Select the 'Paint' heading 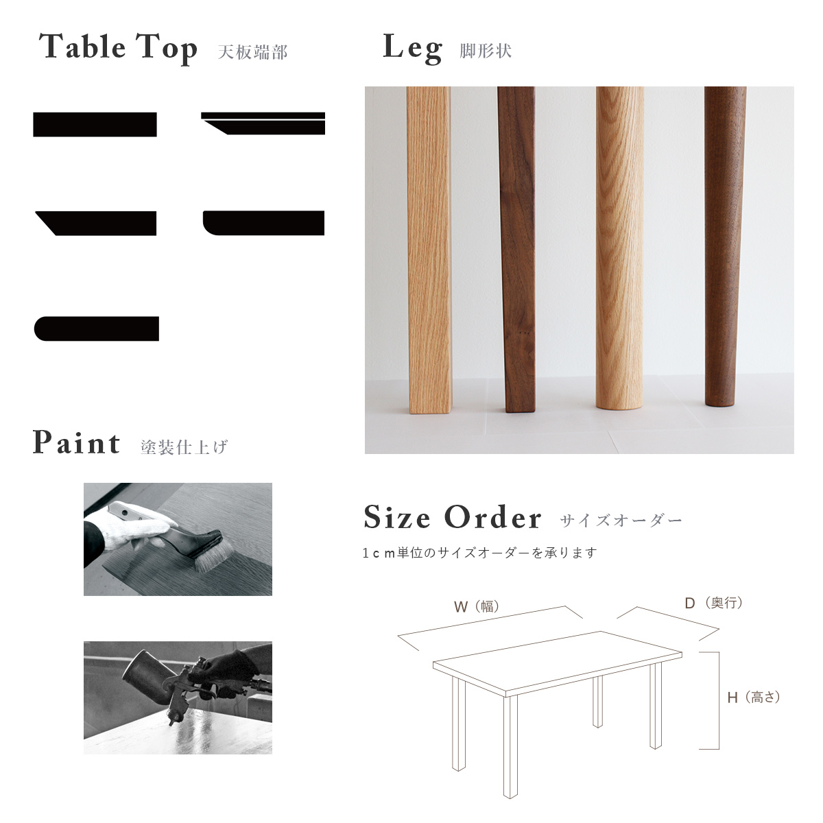(x=76, y=442)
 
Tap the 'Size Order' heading (x=452, y=517)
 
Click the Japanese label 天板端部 (x=253, y=52)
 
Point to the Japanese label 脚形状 (x=486, y=51)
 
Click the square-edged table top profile (x=95, y=125)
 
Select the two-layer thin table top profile (x=263, y=123)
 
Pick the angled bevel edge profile (x=95, y=224)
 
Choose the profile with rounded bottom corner (x=263, y=223)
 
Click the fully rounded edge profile (x=97, y=329)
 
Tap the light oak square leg (x=429, y=250)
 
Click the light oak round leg (x=620, y=248)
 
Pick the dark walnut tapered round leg (x=725, y=246)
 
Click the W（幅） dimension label (x=477, y=606)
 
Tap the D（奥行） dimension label (x=714, y=603)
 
